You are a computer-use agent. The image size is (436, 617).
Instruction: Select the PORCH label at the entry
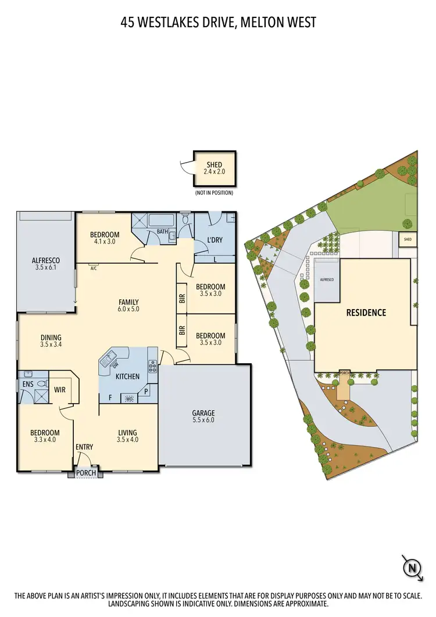click(87, 473)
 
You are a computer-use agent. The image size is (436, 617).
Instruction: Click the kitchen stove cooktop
click(153, 366)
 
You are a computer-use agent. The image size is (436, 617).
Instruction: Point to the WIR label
click(60, 390)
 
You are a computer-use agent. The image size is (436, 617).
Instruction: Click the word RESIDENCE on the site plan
click(366, 313)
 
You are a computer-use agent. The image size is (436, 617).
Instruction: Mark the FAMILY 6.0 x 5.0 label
click(128, 306)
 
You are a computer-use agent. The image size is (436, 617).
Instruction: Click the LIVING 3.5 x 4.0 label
click(127, 436)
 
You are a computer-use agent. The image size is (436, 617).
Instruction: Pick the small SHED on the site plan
click(408, 239)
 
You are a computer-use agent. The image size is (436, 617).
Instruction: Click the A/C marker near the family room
click(93, 268)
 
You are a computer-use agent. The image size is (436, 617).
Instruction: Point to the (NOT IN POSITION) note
click(214, 193)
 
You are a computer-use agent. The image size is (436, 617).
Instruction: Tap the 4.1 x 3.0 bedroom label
click(105, 238)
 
